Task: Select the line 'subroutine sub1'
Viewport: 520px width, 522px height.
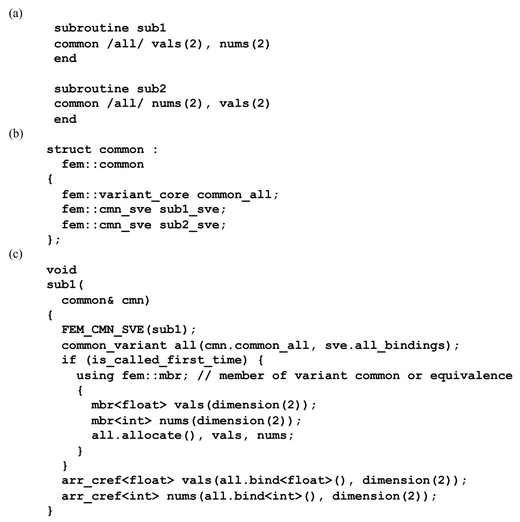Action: [110, 29]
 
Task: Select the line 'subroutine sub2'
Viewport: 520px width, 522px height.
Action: [110, 89]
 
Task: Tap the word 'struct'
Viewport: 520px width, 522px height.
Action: [69, 150]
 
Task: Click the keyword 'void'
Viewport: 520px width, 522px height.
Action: [62, 270]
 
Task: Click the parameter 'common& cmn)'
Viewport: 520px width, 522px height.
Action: [106, 300]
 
